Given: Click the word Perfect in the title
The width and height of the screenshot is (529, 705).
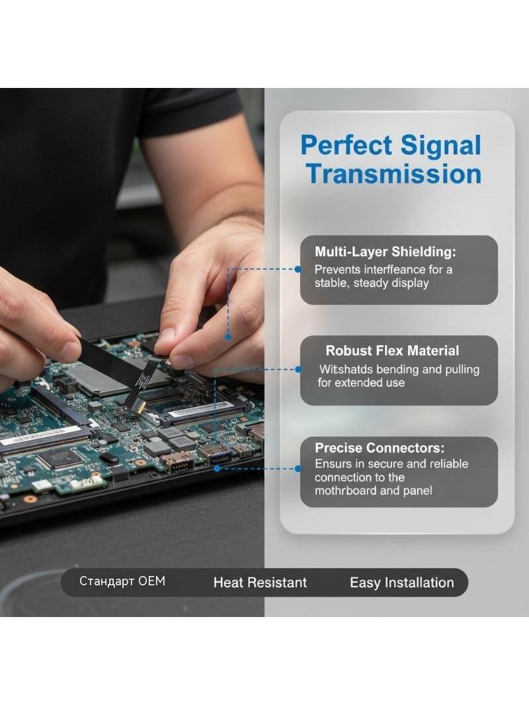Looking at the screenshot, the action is click(346, 145).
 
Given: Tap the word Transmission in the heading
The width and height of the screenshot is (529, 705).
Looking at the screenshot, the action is click(394, 174).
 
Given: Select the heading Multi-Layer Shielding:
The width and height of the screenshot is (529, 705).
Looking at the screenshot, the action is click(385, 251).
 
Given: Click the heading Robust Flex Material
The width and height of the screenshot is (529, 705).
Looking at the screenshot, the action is click(392, 351).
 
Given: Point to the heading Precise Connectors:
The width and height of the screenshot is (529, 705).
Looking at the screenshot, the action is click(380, 448).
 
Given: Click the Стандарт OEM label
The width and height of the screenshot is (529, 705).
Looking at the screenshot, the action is click(122, 581).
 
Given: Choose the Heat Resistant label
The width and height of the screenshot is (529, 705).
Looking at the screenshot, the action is click(261, 583).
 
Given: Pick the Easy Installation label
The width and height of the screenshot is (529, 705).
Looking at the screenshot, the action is click(402, 583).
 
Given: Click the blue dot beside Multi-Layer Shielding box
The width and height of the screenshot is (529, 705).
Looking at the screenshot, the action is click(298, 269).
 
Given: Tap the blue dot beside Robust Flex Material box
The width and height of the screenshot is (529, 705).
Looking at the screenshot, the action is click(298, 370).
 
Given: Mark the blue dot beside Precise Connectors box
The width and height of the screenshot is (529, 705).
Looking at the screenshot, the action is click(298, 468).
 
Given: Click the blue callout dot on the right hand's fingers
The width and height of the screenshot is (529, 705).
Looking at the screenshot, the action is click(228, 337).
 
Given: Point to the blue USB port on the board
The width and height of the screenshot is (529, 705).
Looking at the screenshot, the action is click(220, 457).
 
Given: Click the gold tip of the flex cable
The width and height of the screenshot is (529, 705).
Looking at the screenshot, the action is click(141, 407).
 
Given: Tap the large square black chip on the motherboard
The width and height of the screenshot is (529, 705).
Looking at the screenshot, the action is click(60, 459).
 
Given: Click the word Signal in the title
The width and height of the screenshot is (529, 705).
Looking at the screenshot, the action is click(440, 145).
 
